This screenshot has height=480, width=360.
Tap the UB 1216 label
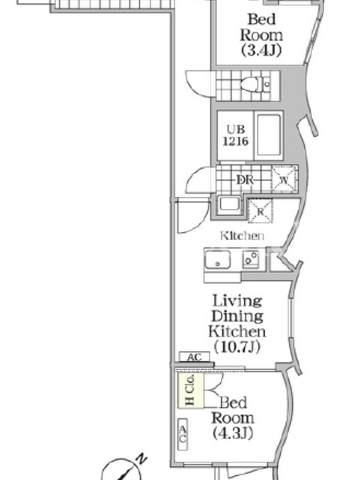point(235,135)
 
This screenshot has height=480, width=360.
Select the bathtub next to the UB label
point(268,136)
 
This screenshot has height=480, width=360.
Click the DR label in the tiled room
point(245,180)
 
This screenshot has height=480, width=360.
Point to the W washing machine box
point(284,179)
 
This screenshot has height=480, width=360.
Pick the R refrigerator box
point(260,211)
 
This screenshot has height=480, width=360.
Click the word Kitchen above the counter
point(242,236)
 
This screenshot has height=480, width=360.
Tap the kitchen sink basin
point(218,259)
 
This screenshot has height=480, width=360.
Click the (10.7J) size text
point(237,347)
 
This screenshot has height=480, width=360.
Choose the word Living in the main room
point(238,301)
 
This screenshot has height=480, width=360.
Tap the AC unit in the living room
point(194,357)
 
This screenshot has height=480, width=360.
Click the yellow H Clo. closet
point(191,391)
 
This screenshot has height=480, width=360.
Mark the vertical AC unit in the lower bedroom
point(183,434)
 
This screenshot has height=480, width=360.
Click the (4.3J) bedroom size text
point(233,433)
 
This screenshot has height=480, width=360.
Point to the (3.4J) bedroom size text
point(261,50)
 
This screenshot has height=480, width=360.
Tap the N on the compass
point(142,459)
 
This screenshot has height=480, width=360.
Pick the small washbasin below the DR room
point(229,204)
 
